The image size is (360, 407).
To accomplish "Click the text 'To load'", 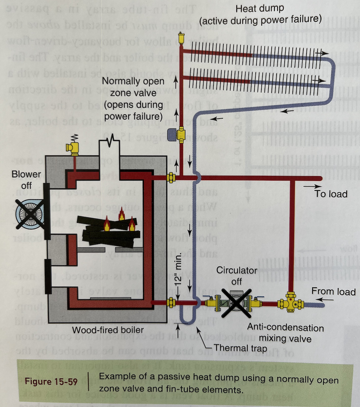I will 331,194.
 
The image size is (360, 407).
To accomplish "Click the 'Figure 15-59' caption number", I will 51,381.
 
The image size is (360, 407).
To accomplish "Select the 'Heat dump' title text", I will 260,8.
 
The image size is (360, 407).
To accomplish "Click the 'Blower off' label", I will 26,180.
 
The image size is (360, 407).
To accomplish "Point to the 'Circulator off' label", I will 237,276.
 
